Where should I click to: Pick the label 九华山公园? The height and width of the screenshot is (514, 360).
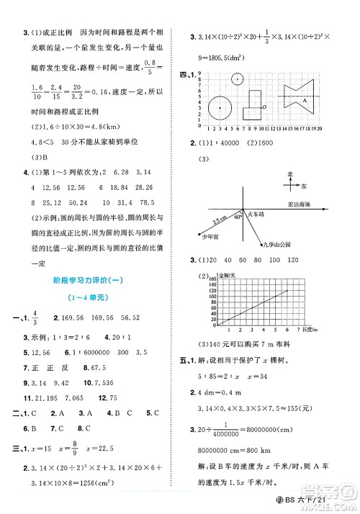(276, 245)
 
